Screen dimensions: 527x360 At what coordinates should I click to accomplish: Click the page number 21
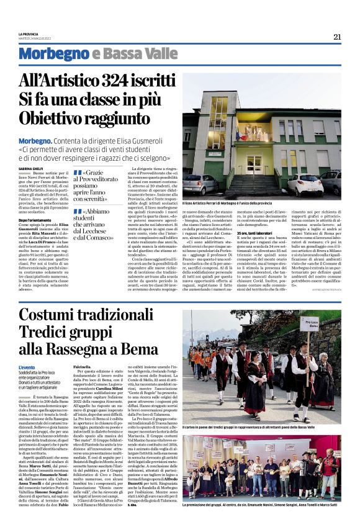tap(337, 37)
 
